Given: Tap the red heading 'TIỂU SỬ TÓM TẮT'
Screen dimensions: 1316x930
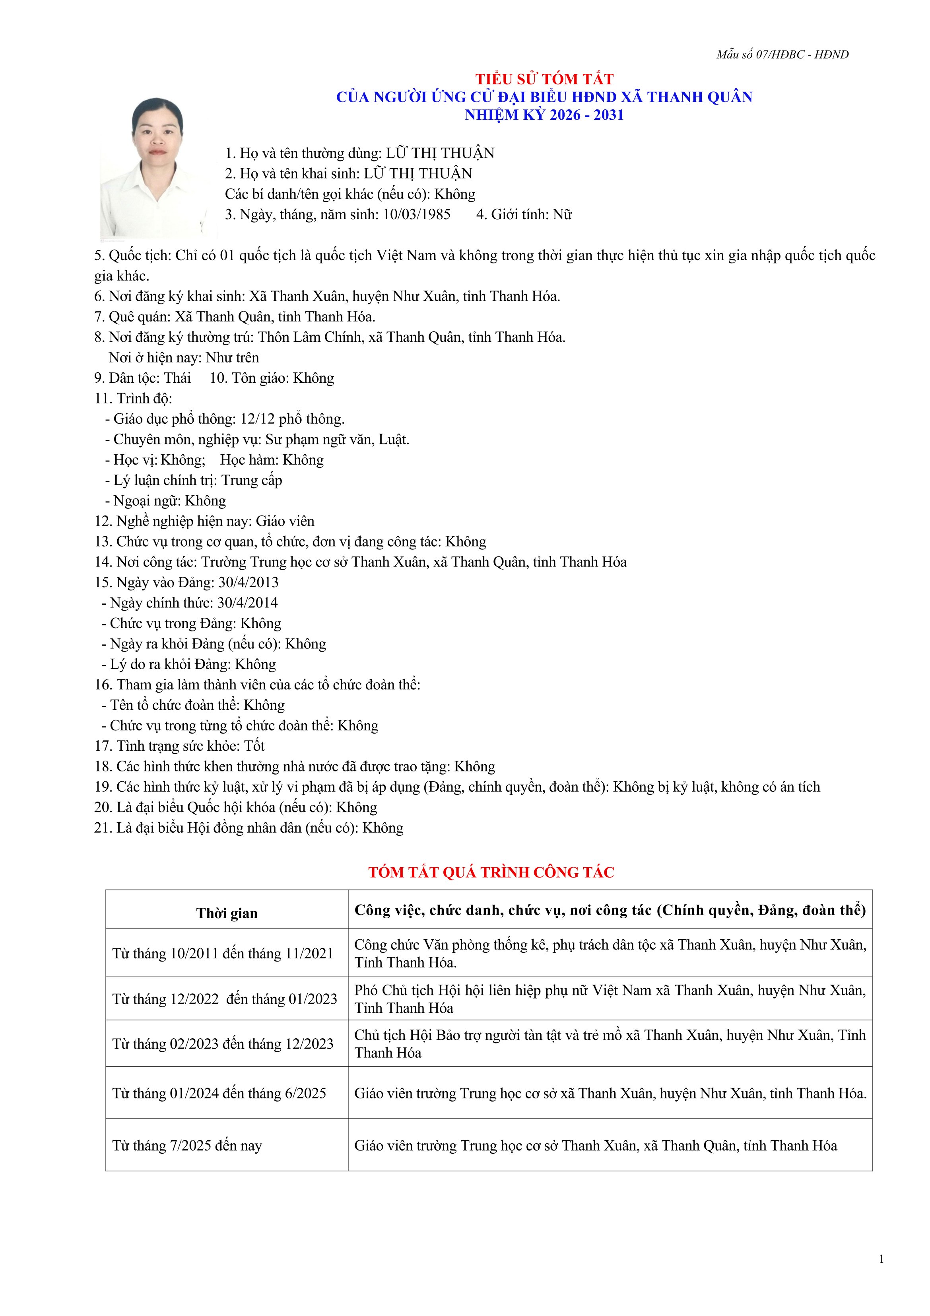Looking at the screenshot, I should (x=544, y=79).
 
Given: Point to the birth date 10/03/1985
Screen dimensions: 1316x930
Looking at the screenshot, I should (x=417, y=214).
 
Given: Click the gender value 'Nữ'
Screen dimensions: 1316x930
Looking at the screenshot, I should (x=562, y=214).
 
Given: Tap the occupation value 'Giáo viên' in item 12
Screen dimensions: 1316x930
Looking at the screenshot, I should (x=285, y=521).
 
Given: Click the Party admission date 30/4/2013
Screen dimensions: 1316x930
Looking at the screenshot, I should (x=248, y=582).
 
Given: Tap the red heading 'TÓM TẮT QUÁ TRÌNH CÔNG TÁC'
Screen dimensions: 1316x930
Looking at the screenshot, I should (x=491, y=872).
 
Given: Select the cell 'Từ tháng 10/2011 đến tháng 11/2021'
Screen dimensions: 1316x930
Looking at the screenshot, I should (x=223, y=954).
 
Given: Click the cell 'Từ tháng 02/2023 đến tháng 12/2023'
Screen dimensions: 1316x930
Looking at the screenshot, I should (x=223, y=1044).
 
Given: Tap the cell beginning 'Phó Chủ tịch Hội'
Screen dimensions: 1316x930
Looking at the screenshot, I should (x=610, y=999).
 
